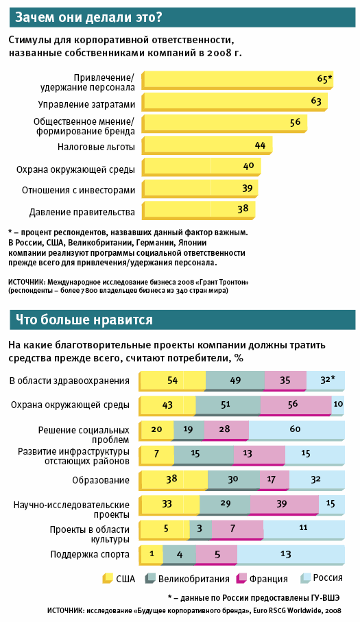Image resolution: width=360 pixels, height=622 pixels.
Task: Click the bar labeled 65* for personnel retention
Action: pos(237,80)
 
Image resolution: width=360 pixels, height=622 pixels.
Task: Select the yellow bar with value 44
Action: pos(207,146)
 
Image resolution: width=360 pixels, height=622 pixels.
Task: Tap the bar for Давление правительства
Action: pos(198,211)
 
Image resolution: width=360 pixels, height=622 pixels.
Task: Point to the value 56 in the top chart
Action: pos(295,122)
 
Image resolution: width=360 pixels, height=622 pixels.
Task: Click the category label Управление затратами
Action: pos(86,104)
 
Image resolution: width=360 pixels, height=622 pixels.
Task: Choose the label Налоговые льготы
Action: pos(96,147)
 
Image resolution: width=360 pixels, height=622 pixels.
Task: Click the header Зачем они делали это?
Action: pos(88,17)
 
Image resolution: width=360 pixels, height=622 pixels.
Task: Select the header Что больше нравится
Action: pos(84,320)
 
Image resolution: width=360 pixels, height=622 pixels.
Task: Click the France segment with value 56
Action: pos(296,405)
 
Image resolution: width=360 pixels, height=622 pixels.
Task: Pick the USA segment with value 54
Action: pos(172,381)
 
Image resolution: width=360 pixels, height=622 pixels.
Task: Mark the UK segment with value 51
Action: pos(228,405)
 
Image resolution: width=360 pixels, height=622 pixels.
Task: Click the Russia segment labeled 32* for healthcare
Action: pos(326,381)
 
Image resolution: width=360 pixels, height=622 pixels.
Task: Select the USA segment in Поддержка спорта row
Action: pos(151,555)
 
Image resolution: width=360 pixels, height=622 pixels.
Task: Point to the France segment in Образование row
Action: pos(274,480)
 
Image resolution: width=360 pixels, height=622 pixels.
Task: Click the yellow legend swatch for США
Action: pos(108,578)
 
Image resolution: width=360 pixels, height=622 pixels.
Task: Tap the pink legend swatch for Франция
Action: pos(241,578)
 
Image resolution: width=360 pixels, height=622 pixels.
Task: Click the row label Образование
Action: pos(101,480)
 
